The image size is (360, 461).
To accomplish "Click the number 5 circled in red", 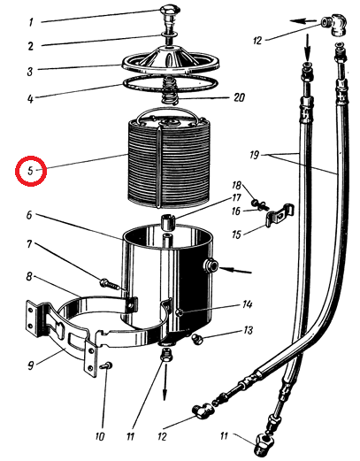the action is [31, 171].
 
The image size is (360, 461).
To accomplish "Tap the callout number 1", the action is [32, 23].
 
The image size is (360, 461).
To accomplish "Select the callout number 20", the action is [238, 97].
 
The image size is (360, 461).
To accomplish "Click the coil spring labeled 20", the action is [169, 92].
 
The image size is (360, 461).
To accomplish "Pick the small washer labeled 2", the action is [169, 35].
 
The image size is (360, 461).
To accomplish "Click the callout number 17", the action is [236, 198].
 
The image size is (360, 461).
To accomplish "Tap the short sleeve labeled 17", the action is [167, 222].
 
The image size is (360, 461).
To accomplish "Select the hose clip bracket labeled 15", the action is [280, 215].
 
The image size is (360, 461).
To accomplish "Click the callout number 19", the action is [254, 155].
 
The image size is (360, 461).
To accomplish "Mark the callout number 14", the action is [247, 304].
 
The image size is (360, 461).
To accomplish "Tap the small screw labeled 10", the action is [106, 365].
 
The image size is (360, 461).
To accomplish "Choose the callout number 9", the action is [31, 365].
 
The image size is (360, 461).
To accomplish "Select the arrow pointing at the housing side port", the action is [235, 270].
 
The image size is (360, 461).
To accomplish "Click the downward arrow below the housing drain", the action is [165, 382].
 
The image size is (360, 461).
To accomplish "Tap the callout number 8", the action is [29, 277].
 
